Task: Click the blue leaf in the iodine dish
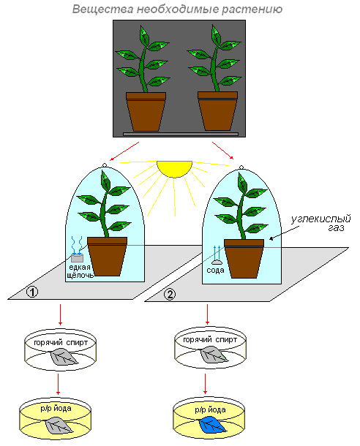coord(213,424)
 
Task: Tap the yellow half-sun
coord(174,168)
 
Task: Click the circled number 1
coord(32,292)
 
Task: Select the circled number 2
coord(170,294)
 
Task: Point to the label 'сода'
coord(215,270)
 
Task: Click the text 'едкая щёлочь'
coord(80,271)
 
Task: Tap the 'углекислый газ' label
coord(321,223)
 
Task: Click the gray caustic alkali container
coord(77,258)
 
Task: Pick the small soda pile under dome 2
coord(217,262)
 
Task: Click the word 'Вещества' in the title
coord(102,9)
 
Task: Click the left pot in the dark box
coord(146,111)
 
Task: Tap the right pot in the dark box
coord(218,111)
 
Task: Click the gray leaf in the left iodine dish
coord(59,426)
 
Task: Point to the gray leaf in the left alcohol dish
coord(64,358)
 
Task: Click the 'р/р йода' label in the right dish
coord(210,410)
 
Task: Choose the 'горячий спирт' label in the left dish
coord(61,342)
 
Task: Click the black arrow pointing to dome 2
coord(284,233)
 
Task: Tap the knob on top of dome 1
coord(105,165)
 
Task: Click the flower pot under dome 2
coord(244,259)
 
